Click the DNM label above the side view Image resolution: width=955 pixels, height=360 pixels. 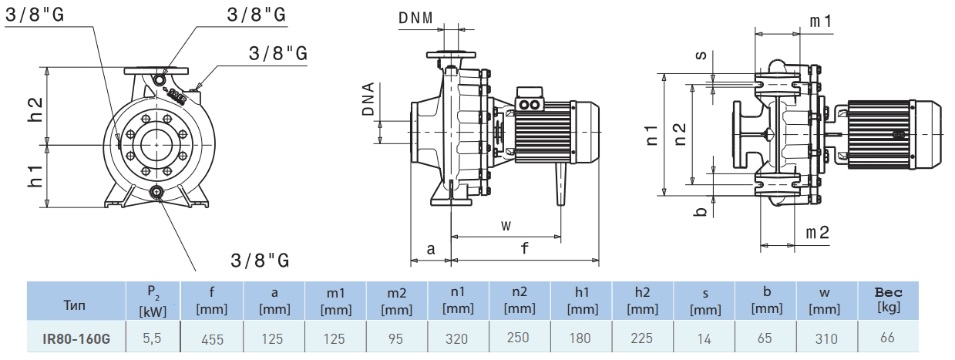[415, 18]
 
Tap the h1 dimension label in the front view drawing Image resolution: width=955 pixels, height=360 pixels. [35, 174]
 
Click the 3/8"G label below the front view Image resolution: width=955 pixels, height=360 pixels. [261, 260]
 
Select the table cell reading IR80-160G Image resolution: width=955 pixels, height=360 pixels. [76, 338]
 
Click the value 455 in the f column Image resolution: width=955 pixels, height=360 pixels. [212, 338]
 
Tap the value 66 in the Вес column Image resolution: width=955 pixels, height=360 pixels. [888, 338]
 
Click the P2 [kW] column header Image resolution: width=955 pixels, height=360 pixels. [153, 300]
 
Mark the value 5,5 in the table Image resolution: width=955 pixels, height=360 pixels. [153, 338]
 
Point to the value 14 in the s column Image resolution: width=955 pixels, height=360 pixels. [704, 338]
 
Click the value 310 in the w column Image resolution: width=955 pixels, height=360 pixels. [827, 338]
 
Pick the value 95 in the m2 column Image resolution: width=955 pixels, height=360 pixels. [396, 338]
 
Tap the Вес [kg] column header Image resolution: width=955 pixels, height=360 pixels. [888, 300]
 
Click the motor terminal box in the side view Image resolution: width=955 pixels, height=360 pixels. [530, 103]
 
